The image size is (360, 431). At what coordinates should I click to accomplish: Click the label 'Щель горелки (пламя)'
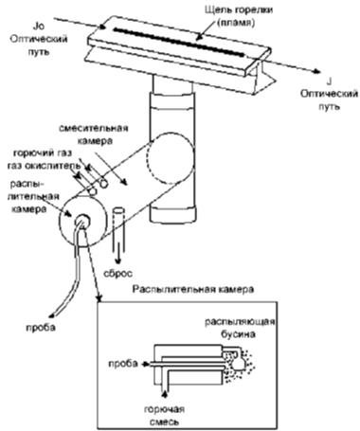[x=239, y=16]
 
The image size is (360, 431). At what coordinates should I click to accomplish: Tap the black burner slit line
[x=178, y=43]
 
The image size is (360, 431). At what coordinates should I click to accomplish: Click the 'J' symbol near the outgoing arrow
[x=329, y=82]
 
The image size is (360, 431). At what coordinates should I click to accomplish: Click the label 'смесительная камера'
[x=94, y=135]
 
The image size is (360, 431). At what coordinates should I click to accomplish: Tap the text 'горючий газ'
[x=43, y=153]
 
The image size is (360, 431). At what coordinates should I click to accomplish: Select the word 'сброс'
[x=117, y=274]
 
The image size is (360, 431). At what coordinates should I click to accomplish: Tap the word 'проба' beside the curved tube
[x=40, y=328]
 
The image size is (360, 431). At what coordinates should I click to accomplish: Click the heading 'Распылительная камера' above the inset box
[x=193, y=289]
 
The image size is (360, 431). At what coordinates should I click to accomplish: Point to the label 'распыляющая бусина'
[x=240, y=328]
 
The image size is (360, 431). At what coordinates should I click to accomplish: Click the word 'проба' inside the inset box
[x=123, y=364]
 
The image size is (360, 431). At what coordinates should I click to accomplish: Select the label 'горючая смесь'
[x=164, y=416]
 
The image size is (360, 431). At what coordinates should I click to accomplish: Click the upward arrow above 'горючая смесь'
[x=165, y=395]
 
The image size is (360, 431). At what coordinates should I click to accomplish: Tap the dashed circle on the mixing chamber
[x=171, y=158]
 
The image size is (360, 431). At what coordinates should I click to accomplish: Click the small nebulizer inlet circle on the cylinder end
[x=82, y=221]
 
